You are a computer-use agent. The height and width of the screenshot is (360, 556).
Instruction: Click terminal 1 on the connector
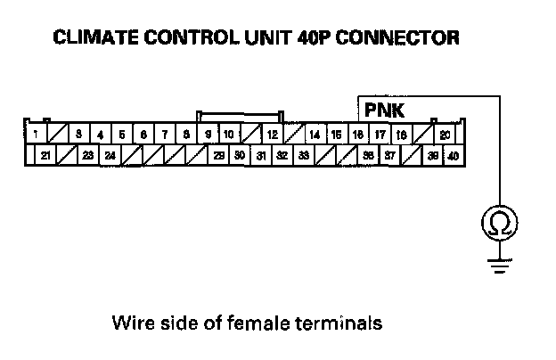click(x=34, y=135)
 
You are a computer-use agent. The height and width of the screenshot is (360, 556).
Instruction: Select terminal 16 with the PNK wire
click(x=357, y=135)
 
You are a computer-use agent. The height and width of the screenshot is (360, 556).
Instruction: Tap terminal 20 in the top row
click(x=445, y=135)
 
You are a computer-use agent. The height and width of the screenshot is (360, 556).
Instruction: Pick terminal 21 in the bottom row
click(x=45, y=155)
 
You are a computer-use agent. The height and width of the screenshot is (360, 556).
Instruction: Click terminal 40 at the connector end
click(x=453, y=155)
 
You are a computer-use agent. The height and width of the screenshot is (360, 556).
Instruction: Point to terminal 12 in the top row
click(x=272, y=135)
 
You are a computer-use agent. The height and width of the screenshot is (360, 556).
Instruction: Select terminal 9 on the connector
click(x=208, y=135)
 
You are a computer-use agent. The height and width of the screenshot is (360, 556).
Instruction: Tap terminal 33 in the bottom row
click(x=303, y=155)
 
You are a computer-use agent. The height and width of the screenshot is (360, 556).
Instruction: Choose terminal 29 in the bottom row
click(x=218, y=155)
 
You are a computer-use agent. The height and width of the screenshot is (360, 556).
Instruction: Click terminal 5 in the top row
click(x=122, y=135)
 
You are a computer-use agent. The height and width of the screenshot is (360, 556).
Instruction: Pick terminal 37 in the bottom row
click(x=389, y=155)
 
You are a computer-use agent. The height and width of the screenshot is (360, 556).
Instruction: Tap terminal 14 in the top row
click(x=315, y=135)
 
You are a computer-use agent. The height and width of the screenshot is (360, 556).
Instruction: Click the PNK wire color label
click(x=384, y=110)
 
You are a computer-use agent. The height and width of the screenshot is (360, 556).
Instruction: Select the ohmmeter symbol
click(x=499, y=224)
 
